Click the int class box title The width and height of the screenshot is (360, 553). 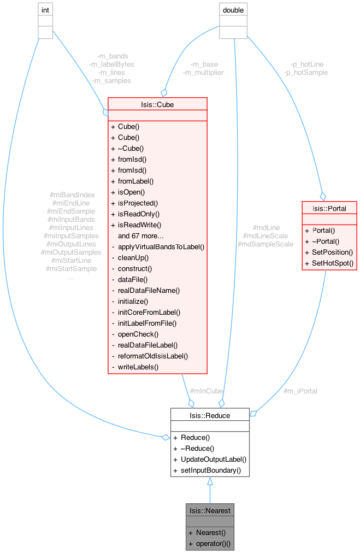click(x=45, y=10)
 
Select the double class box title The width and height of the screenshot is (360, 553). click(x=233, y=10)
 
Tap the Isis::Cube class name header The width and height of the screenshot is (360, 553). click(x=157, y=104)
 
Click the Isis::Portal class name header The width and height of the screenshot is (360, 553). click(x=329, y=208)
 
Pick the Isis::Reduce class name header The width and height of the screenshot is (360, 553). click(x=210, y=415)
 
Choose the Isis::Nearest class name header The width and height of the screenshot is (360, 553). click(x=210, y=510)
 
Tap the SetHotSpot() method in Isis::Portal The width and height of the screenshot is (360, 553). click(x=329, y=263)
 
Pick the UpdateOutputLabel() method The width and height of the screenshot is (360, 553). click(x=210, y=459)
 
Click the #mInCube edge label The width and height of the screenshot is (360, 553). click(x=206, y=391)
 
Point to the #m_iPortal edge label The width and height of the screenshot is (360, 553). click(x=300, y=391)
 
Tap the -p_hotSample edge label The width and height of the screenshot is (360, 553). click(x=306, y=72)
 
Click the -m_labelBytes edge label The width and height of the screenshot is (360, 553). click(x=111, y=64)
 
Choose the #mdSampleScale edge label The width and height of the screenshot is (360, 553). click(x=265, y=244)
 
